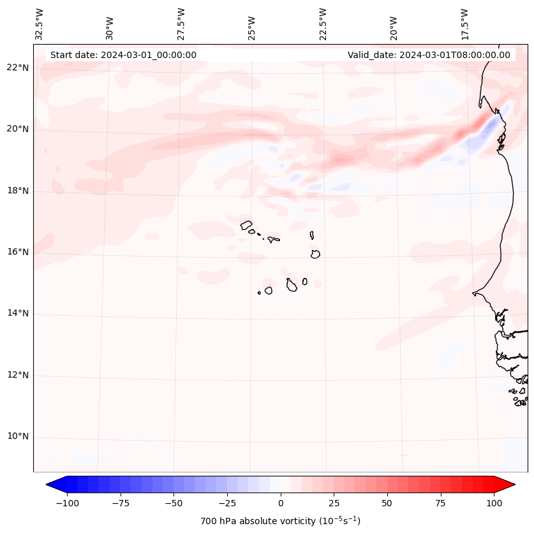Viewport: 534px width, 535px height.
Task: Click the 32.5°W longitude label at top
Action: (40, 24)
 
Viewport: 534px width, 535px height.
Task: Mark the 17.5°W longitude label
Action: (464, 24)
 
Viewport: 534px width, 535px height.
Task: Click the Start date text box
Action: (123, 55)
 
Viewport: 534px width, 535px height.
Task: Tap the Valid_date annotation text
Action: (429, 55)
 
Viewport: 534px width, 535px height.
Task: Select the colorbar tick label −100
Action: (67, 503)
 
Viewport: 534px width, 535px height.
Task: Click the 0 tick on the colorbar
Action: (281, 503)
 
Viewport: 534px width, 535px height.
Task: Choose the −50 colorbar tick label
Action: (174, 503)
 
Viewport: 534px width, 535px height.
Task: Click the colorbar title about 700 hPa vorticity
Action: (281, 521)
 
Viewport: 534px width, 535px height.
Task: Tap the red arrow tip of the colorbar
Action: (510, 485)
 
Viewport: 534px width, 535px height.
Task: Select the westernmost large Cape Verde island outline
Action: (247, 224)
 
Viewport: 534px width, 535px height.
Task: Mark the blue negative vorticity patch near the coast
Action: (490, 131)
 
